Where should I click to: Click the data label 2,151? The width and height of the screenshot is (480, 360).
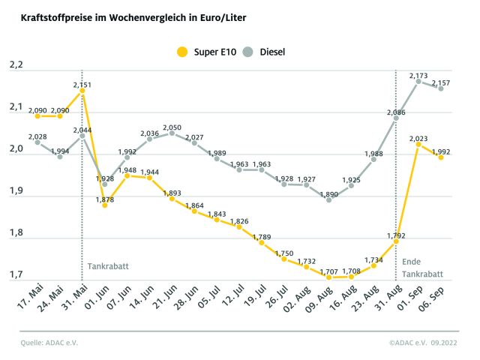(82, 85)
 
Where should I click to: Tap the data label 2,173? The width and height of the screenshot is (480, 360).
(418, 76)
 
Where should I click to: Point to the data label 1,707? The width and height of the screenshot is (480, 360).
(328, 268)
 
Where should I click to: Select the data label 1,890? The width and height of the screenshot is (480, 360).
(328, 194)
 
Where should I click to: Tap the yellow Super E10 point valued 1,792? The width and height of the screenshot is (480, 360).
(395, 241)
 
